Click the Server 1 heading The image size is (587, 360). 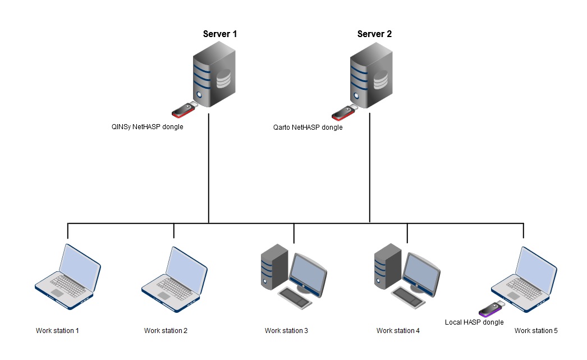point(220,34)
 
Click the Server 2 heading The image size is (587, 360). point(374,34)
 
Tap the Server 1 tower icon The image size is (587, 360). point(214,78)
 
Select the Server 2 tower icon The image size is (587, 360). point(371,78)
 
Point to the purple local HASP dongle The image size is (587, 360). point(491,308)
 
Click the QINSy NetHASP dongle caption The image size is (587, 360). point(148,127)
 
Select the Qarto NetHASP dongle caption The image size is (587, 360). point(308,127)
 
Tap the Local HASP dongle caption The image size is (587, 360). point(474,322)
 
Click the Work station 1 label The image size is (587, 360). point(57,331)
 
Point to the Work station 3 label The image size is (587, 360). point(286,331)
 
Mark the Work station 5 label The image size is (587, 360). point(536,331)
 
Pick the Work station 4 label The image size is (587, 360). point(398,331)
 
